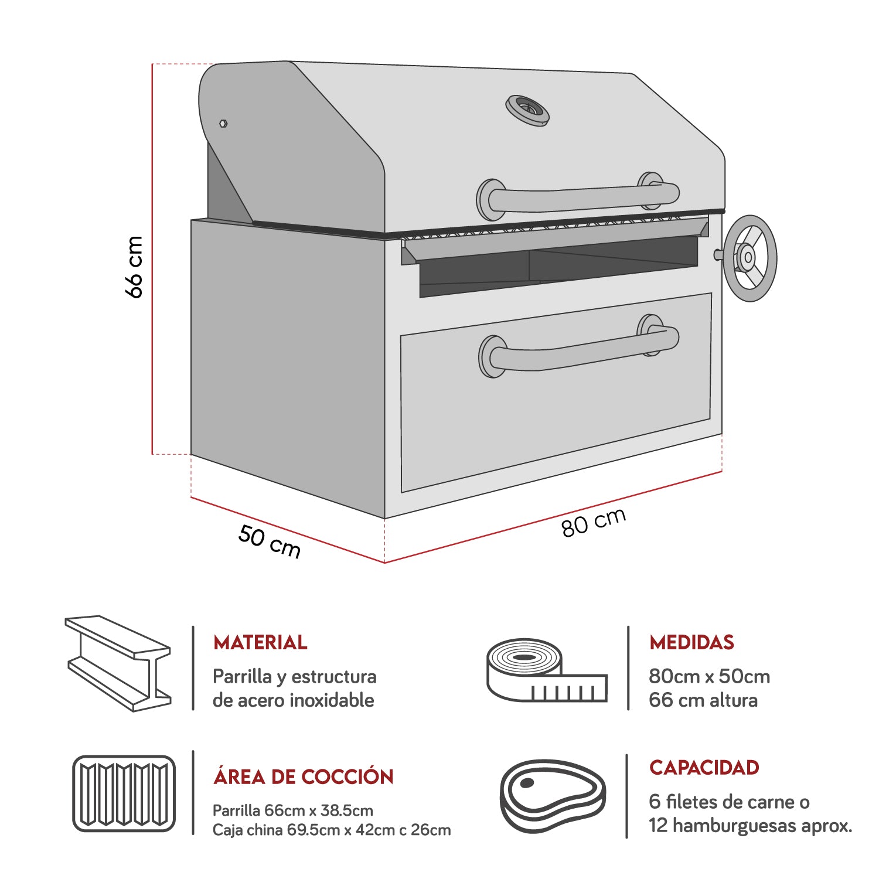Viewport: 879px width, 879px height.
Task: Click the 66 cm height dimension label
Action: (x=134, y=267)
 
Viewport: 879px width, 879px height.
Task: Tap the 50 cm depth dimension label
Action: (x=269, y=542)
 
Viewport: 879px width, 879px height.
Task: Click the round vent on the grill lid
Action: (x=527, y=110)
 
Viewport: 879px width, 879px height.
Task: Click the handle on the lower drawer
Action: (x=580, y=349)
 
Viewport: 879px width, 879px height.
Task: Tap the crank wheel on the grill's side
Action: (x=749, y=258)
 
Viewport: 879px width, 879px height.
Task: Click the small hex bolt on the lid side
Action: (x=223, y=124)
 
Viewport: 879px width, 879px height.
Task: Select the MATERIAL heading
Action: (x=260, y=642)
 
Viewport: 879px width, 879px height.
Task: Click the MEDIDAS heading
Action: (x=691, y=642)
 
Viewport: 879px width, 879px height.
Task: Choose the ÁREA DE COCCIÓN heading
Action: (x=304, y=777)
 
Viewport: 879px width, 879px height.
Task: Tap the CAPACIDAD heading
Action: (x=704, y=768)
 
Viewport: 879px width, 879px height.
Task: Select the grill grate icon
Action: (x=124, y=793)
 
